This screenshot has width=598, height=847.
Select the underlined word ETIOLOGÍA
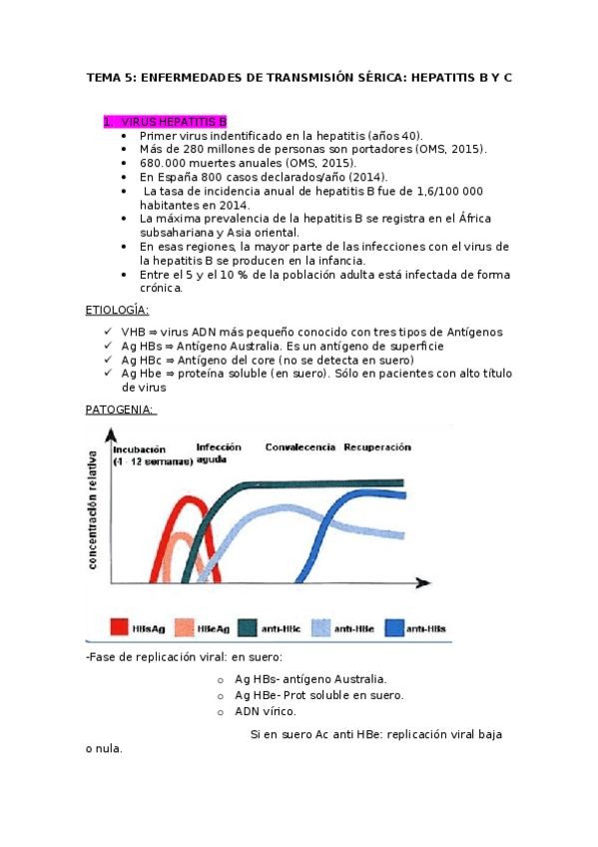click(119, 311)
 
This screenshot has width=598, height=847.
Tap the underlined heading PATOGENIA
click(119, 410)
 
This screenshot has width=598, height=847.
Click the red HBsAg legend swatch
click(117, 627)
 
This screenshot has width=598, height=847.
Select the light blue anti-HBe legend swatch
click(320, 627)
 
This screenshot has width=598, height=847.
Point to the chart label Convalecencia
click(299, 447)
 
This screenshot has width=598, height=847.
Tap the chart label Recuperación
click(377, 447)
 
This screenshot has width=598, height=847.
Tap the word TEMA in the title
click(102, 77)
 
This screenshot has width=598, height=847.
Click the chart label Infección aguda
click(219, 452)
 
